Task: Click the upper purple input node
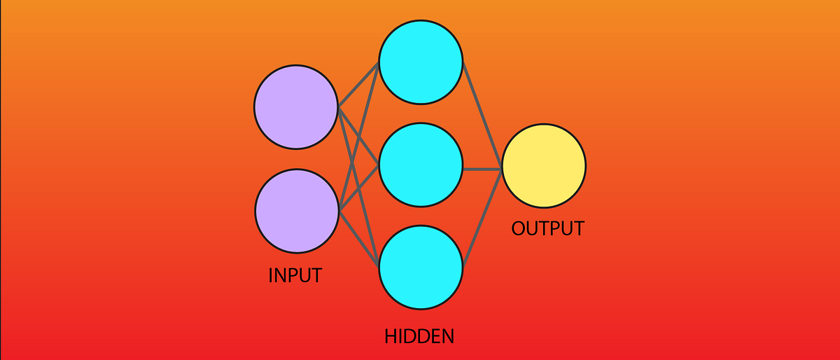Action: pos(296,107)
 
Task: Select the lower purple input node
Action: pos(296,210)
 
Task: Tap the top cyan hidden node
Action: pos(421,62)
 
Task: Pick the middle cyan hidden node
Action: pos(421,165)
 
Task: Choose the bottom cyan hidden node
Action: pos(421,267)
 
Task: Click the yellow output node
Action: pos(544,167)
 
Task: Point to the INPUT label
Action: pos(295,275)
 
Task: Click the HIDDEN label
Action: pos(419,336)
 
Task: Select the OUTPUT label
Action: pos(547,229)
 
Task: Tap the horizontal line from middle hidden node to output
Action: pos(482,168)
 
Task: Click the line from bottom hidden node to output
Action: pos(482,218)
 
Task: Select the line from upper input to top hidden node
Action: pos(359,85)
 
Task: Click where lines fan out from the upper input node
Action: pos(339,108)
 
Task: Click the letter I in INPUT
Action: pos(271,275)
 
